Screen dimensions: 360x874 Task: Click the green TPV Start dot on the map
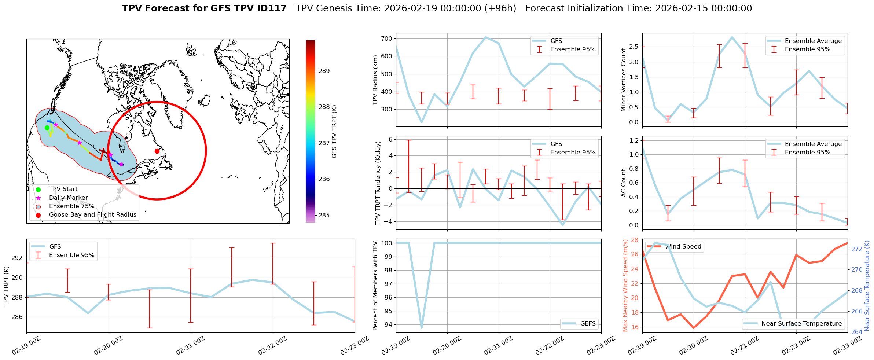tap(47, 128)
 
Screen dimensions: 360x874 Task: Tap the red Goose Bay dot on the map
tap(157, 151)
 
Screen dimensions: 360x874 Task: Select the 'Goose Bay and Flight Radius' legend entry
tap(92, 215)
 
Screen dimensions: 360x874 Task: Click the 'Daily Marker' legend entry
tap(68, 198)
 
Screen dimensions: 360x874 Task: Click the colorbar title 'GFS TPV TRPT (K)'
tap(334, 132)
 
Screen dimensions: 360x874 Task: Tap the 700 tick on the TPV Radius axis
tap(387, 39)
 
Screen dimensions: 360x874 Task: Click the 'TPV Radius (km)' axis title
tap(375, 80)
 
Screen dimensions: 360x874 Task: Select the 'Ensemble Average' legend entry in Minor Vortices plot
tap(813, 41)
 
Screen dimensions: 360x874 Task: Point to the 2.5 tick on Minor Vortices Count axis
tap(634, 47)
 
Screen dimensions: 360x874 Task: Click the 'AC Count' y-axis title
tap(624, 183)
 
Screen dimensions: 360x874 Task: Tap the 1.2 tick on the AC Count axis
tap(634, 140)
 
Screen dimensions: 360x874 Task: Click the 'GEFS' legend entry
tap(588, 324)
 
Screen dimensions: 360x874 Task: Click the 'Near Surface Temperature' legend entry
tap(801, 324)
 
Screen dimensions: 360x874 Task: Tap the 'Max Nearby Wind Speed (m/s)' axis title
tap(625, 286)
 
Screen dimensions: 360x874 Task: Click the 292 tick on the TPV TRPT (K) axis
tap(17, 258)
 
